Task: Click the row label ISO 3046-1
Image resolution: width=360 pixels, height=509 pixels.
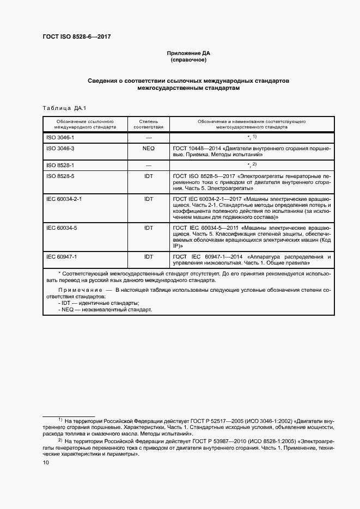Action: (60, 138)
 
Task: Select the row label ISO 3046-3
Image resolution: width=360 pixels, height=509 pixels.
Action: (60, 149)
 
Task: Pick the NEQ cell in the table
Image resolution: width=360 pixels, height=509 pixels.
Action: (148, 149)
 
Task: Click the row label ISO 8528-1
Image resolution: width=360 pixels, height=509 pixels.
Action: (60, 165)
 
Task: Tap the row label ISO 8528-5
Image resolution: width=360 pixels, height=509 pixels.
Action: (60, 176)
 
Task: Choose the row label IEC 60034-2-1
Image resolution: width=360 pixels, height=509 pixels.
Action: (64, 199)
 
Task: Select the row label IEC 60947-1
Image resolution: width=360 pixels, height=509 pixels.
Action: (62, 256)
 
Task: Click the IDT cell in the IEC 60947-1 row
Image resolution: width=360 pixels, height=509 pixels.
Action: (148, 256)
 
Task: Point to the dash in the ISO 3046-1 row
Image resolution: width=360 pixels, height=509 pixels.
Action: (148, 138)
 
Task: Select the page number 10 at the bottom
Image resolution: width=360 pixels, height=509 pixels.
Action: (46, 462)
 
